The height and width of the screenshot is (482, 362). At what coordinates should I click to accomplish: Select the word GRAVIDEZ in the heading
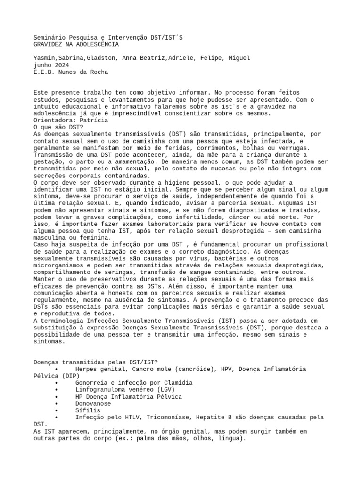click(49, 44)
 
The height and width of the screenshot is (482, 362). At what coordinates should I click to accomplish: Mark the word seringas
click(137, 272)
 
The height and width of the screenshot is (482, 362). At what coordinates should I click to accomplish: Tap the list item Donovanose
click(93, 403)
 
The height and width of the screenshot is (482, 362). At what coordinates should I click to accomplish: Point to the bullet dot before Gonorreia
click(57, 383)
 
